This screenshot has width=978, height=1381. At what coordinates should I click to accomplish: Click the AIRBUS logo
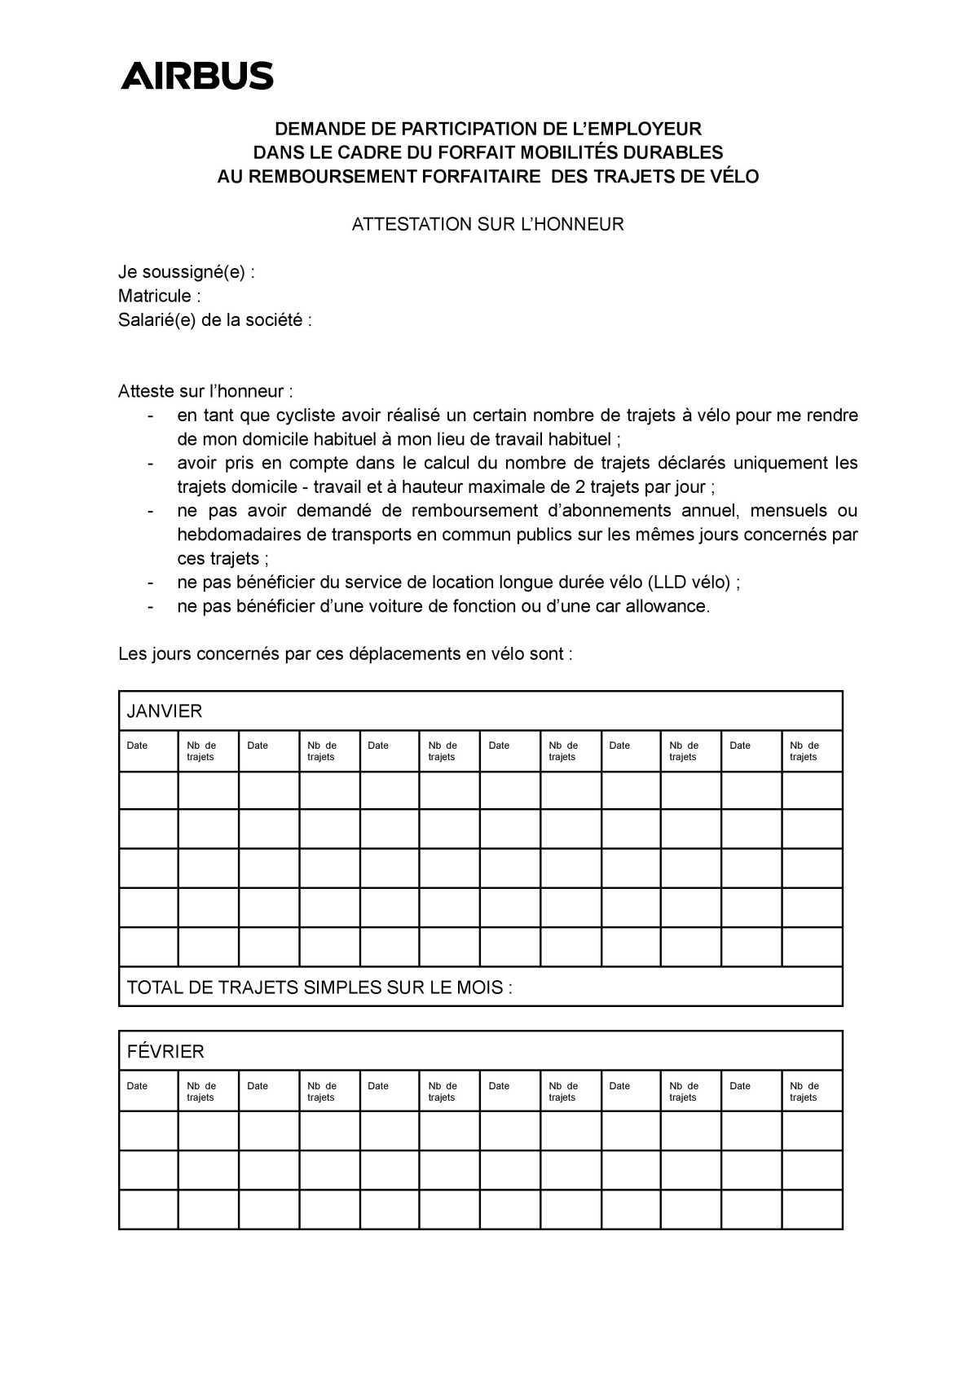tap(197, 75)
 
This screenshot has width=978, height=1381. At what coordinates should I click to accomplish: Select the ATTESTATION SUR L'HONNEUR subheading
tap(487, 224)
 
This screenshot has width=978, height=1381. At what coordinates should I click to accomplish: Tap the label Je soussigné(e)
tap(186, 272)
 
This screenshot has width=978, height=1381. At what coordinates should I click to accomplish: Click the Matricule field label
tap(159, 296)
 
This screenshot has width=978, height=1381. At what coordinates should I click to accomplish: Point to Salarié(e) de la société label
tap(214, 320)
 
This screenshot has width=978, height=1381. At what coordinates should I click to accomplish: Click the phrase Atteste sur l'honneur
tap(205, 391)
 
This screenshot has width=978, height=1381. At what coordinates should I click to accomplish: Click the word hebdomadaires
tap(231, 534)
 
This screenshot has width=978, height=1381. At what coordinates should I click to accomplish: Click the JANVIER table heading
tap(165, 711)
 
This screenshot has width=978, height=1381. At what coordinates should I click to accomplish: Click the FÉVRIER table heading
tap(165, 1052)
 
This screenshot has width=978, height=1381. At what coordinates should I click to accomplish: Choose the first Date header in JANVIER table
tap(137, 745)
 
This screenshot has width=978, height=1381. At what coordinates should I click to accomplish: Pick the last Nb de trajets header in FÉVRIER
tap(804, 1091)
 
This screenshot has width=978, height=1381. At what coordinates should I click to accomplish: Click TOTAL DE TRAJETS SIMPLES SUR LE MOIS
tap(319, 987)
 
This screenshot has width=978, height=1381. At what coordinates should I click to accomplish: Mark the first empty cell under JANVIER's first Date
tap(148, 790)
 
